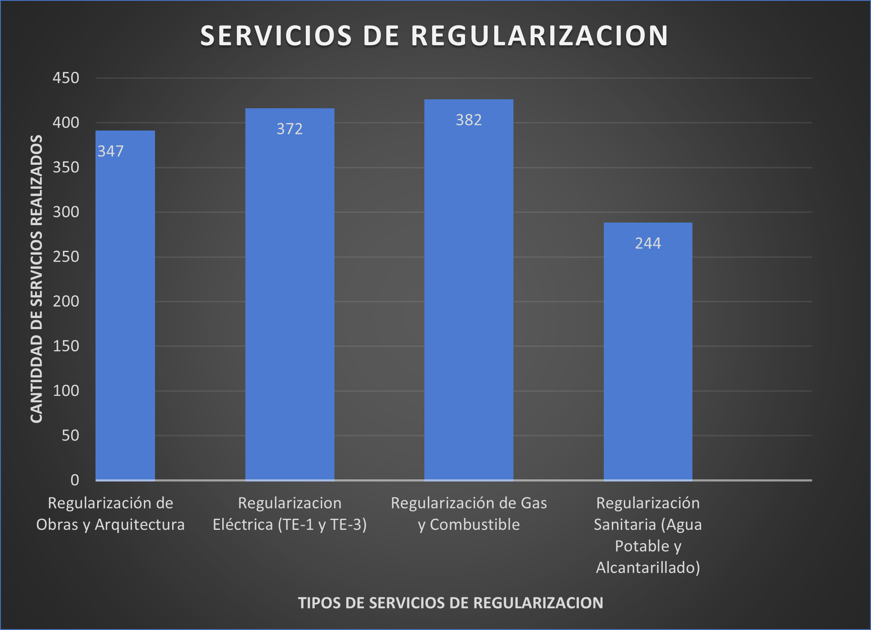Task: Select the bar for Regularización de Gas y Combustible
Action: pos(468,300)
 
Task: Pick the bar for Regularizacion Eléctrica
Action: pos(289,300)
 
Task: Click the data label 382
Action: pos(468,120)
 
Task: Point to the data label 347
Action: pos(110,151)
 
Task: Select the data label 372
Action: pos(289,129)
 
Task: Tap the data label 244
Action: pos(647,243)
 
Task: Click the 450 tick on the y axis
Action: pos(66,78)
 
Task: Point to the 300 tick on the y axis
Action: pos(66,212)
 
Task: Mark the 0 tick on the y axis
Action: pos(75,480)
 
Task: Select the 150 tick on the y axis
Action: pos(66,346)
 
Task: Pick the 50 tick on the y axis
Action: pos(70,435)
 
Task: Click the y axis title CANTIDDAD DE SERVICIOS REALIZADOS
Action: pos(36,279)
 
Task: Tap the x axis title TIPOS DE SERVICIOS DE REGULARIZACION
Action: pos(450,603)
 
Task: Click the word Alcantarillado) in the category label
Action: pos(647,568)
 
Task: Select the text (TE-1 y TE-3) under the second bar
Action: pos(322,525)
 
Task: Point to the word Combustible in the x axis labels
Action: pos(474,525)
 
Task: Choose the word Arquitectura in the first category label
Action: pos(140,525)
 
